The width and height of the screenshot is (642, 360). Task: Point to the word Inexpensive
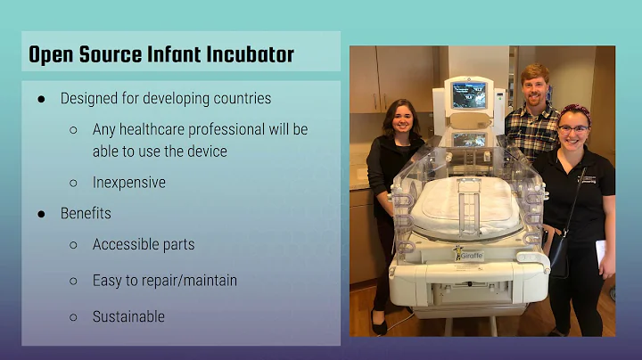pyautogui.click(x=128, y=182)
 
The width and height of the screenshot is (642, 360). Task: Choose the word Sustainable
pyautogui.click(x=128, y=316)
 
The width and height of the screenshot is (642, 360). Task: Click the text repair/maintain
pyautogui.click(x=189, y=281)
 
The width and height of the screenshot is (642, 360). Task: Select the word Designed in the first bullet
pyautogui.click(x=89, y=98)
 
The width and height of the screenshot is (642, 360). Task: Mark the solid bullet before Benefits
pyautogui.click(x=41, y=214)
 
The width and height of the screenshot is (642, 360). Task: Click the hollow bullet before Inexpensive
pyautogui.click(x=73, y=183)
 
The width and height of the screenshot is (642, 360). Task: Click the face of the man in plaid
pyautogui.click(x=535, y=88)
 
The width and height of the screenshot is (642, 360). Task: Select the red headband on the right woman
pyautogui.click(x=576, y=110)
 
